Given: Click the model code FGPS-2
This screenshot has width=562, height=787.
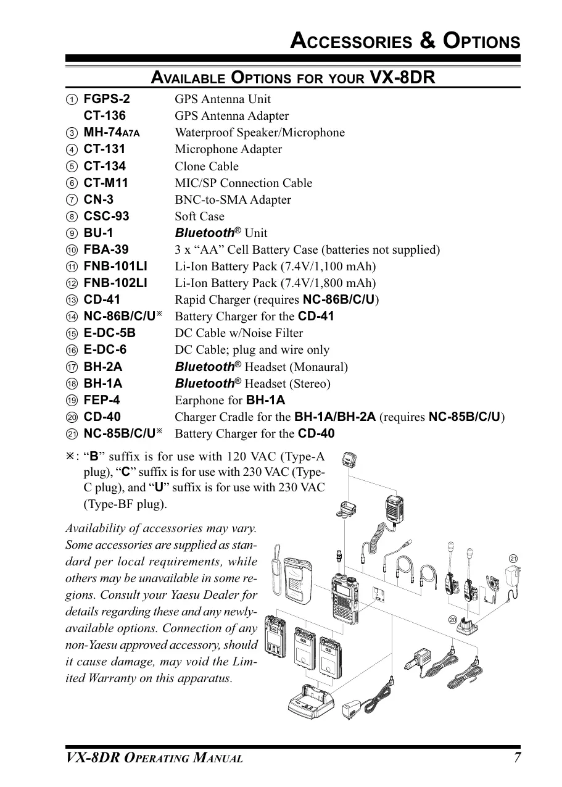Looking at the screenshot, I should tap(107, 99).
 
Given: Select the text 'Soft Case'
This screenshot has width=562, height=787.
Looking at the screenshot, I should tap(199, 217).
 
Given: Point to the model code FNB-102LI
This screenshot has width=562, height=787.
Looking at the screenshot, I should tap(115, 283).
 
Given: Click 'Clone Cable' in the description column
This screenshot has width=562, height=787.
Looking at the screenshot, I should tap(206, 166).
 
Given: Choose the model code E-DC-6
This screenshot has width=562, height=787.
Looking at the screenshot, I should tap(105, 350).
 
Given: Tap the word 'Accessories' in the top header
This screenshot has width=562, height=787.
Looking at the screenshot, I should tap(350, 41).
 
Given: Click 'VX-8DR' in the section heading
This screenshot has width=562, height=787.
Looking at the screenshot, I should tap(402, 78).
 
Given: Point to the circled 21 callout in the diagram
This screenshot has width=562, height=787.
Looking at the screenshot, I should tap(513, 559).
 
